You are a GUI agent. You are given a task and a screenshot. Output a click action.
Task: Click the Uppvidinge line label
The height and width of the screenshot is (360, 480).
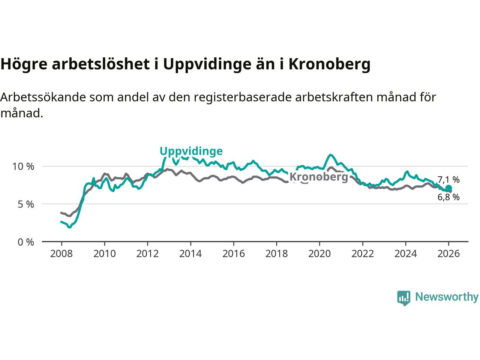pyautogui.click(x=191, y=151)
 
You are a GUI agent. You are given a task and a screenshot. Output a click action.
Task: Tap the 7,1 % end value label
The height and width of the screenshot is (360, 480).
pyautogui.click(x=448, y=180)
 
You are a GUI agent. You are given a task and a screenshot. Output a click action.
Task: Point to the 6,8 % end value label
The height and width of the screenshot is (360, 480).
pyautogui.click(x=448, y=197)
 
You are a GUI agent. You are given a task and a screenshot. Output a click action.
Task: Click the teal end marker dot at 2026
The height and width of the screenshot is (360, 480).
pyautogui.click(x=448, y=188)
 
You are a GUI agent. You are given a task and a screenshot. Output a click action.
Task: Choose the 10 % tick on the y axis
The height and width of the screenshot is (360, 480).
pyautogui.click(x=23, y=166)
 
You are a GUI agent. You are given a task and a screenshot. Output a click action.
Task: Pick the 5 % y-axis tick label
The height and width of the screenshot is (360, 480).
pyautogui.click(x=25, y=204)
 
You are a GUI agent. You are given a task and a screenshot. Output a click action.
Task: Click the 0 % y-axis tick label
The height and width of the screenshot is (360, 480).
pyautogui.click(x=25, y=242)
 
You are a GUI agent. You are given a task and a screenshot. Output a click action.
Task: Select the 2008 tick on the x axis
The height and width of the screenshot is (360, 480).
pyautogui.click(x=61, y=254)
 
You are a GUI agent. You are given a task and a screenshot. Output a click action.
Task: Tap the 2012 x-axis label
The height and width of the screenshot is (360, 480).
pyautogui.click(x=147, y=254)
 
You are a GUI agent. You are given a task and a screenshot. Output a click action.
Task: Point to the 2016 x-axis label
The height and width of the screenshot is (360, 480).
pyautogui.click(x=234, y=254)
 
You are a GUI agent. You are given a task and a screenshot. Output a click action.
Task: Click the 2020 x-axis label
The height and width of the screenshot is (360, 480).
pyautogui.click(x=319, y=254)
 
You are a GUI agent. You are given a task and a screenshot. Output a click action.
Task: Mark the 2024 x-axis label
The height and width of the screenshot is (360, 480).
pyautogui.click(x=406, y=254)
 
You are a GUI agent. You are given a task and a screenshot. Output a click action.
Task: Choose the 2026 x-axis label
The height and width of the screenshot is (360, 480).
pyautogui.click(x=448, y=254)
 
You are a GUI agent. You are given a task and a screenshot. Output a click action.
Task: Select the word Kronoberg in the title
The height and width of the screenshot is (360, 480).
pyautogui.click(x=329, y=64)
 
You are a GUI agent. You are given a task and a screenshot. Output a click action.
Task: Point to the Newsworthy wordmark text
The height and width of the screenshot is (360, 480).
pyautogui.click(x=447, y=297)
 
